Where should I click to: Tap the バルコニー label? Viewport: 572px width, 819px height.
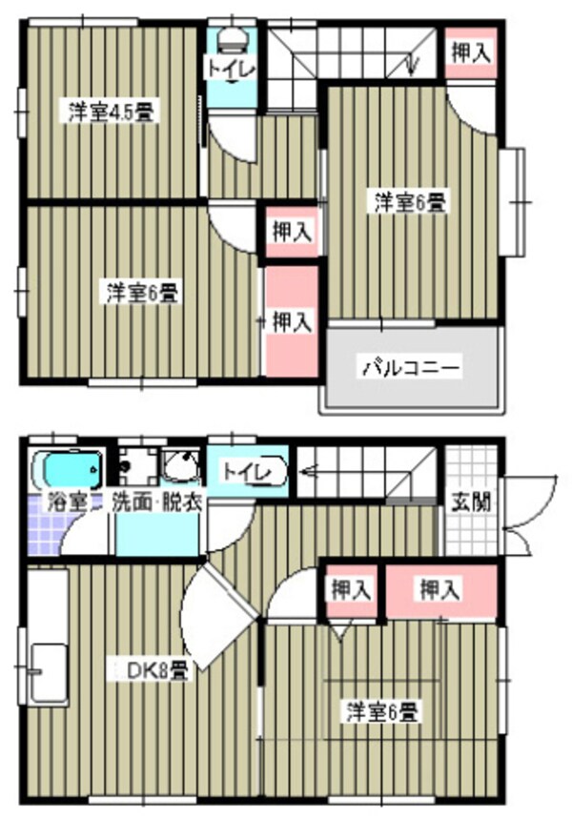[410, 366]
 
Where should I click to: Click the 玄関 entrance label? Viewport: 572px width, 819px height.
[471, 502]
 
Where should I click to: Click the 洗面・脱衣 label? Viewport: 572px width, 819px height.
[157, 502]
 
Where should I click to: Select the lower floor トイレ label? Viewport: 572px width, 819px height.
[247, 471]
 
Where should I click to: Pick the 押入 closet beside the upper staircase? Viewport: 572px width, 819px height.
[471, 53]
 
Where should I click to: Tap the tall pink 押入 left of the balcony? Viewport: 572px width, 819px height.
[292, 321]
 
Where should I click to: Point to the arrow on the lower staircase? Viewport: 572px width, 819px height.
[311, 470]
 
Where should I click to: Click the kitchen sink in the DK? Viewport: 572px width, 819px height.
[47, 673]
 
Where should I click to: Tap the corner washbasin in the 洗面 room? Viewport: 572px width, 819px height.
[181, 467]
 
